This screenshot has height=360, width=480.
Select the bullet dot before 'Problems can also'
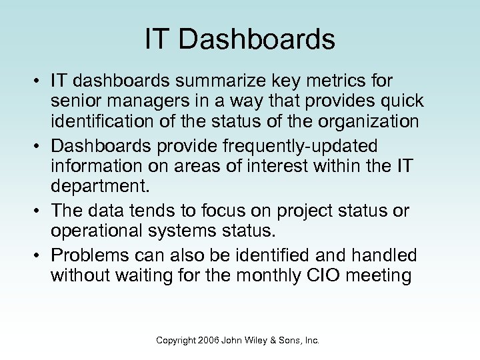[x=39, y=255]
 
